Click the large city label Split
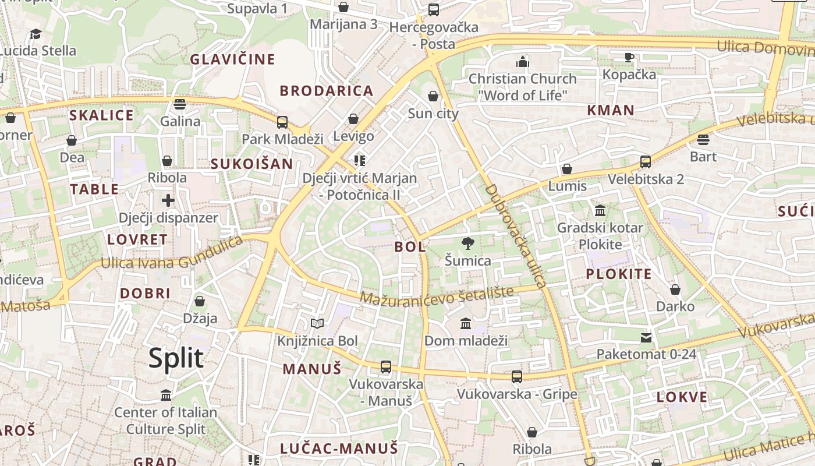pyautogui.click(x=176, y=358)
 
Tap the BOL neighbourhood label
pyautogui.click(x=410, y=246)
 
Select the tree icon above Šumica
pyautogui.click(x=467, y=243)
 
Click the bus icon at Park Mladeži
pyautogui.click(x=282, y=122)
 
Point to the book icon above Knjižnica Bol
pyautogui.click(x=317, y=323)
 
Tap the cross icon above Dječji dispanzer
pyautogui.click(x=168, y=200)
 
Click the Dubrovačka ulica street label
pyautogui.click(x=516, y=236)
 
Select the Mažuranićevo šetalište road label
pyautogui.click(x=437, y=295)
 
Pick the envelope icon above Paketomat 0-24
pyautogui.click(x=646, y=337)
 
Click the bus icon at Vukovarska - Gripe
pyautogui.click(x=517, y=377)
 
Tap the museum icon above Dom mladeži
pyautogui.click(x=466, y=323)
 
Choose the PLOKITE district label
pyautogui.click(x=619, y=274)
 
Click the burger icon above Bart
pyautogui.click(x=703, y=140)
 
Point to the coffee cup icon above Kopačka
pyautogui.click(x=629, y=57)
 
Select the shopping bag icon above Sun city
pyautogui.click(x=433, y=96)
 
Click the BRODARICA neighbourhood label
pyautogui.click(x=327, y=91)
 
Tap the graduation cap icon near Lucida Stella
pyautogui.click(x=36, y=34)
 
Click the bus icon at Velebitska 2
pyautogui.click(x=646, y=162)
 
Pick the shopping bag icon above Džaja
pyautogui.click(x=200, y=301)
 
